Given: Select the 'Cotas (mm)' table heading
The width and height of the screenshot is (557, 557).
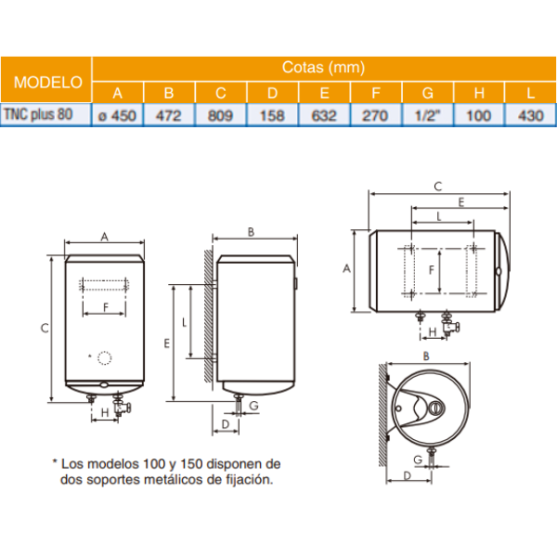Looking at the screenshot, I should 323,68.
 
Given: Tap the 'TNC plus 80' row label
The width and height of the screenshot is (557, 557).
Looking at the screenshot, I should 45,114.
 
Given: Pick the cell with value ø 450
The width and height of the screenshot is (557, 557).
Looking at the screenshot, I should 117,114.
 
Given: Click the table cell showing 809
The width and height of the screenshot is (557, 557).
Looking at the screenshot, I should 220,114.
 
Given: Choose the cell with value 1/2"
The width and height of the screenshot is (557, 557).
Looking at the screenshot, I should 427,114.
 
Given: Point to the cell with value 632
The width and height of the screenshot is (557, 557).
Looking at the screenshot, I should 323,114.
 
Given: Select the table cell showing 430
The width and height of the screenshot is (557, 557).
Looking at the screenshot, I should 530,114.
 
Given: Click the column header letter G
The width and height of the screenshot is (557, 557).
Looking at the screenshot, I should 427,92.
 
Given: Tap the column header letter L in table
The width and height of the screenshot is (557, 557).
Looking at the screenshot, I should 530,92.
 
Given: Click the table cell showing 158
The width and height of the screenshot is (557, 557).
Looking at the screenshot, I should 272,114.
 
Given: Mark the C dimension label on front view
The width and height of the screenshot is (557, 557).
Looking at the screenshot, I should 44,327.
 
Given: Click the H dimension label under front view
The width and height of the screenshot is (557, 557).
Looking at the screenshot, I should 105,411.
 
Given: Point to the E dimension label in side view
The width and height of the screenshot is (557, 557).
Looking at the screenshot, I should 166,343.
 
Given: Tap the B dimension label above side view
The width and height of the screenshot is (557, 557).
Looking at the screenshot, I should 252,231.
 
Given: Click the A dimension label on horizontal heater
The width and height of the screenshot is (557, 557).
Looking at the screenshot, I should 346,268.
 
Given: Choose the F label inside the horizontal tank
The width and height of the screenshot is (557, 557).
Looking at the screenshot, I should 431,269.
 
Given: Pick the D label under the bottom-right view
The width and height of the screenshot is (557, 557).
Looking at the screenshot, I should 405,476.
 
